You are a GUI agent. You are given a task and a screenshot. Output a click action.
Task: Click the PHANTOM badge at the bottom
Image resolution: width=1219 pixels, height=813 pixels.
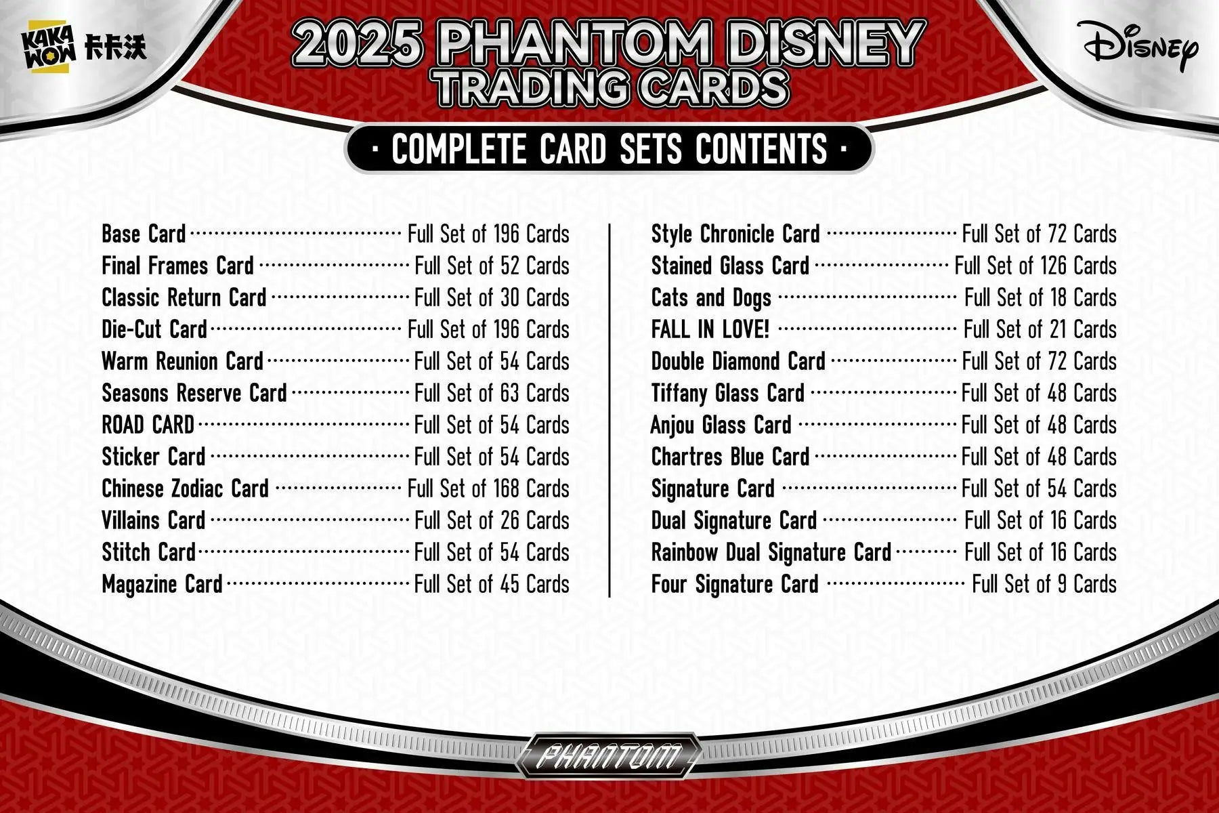point(609,755)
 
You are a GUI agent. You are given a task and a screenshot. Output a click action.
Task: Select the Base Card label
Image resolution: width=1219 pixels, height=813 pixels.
point(144,234)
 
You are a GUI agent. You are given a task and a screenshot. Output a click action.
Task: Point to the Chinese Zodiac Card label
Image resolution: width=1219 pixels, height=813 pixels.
point(185,488)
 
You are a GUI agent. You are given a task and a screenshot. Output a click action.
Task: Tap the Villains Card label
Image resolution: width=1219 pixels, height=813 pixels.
point(153,520)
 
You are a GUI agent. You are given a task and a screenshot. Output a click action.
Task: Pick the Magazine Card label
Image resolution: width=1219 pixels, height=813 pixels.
point(162,584)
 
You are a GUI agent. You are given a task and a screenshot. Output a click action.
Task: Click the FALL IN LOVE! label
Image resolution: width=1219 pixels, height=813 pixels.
point(710,329)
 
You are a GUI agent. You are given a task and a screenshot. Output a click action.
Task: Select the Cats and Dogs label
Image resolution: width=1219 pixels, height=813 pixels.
point(711,297)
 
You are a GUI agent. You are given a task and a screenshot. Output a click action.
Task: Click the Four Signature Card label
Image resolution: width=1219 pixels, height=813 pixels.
point(735,584)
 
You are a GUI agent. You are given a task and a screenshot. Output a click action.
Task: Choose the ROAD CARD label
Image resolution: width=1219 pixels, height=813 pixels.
point(148,425)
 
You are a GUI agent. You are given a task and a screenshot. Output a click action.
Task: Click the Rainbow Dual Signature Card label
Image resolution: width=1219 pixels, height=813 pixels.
point(771,552)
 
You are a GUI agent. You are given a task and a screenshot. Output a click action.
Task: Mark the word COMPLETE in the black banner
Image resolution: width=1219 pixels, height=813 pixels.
point(459,149)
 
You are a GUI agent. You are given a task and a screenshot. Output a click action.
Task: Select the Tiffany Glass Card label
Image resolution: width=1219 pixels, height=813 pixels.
point(728,393)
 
